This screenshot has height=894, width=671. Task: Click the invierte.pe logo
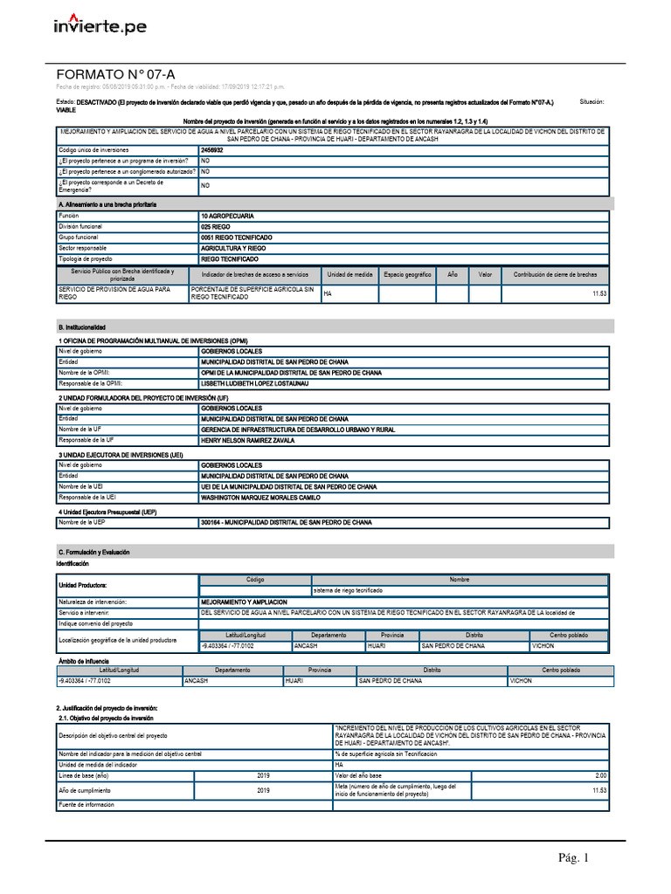point(100,26)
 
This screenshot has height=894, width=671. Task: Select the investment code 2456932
point(212,150)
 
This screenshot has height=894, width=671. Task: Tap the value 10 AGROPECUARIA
point(230,215)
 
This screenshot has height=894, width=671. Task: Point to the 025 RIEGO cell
point(216,226)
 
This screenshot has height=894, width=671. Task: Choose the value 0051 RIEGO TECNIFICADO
point(236,237)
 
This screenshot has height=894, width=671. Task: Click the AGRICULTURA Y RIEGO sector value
point(233,248)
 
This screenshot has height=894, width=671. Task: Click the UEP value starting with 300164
point(286,522)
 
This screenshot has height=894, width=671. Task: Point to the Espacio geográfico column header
point(407,274)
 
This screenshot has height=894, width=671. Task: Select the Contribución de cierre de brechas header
point(555,274)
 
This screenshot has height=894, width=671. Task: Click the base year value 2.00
point(600,775)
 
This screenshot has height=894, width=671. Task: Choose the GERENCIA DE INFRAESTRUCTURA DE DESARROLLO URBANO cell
point(298,430)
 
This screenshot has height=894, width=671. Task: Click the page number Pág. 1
point(575,858)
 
